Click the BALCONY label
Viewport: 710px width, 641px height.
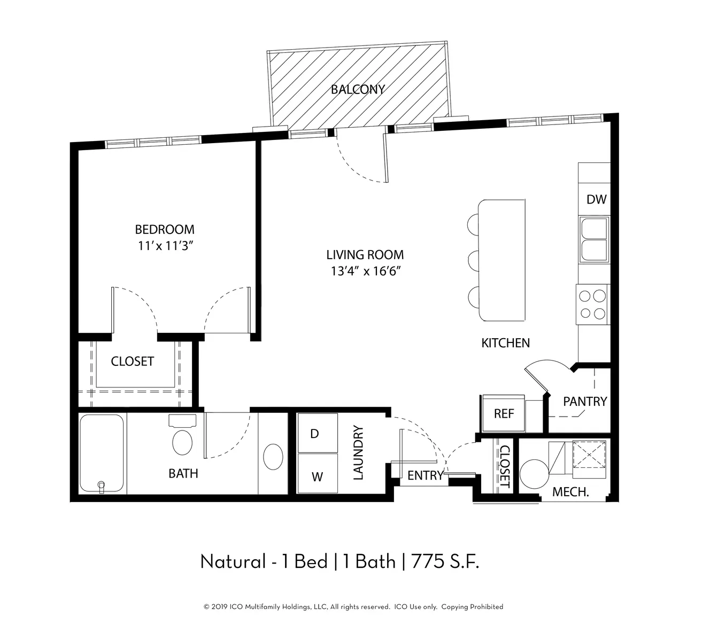coord(358,90)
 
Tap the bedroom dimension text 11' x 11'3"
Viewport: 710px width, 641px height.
coord(165,246)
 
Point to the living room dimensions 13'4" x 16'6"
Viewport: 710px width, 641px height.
coord(366,271)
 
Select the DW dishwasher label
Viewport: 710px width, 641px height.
coord(596,200)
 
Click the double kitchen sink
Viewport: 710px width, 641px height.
coord(595,239)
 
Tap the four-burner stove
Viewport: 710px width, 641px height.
coord(592,304)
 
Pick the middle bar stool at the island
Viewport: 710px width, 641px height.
coord(473,260)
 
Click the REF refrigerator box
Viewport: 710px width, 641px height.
coord(503,413)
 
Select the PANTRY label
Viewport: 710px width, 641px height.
coord(585,402)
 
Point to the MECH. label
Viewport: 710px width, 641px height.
coord(570,492)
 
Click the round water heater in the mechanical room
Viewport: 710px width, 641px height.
coord(534,474)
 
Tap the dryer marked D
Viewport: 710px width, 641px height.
coord(318,433)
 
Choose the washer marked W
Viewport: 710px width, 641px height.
coord(318,473)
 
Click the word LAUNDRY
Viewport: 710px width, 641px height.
coord(358,453)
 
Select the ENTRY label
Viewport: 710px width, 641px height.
coord(425,475)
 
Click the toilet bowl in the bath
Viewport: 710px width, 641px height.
coord(182,442)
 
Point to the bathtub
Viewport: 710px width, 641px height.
coord(102,454)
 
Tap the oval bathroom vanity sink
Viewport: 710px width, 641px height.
coord(273,457)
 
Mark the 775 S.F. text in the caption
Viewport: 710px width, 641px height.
coord(445,561)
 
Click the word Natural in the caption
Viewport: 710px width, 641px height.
coord(233,561)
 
